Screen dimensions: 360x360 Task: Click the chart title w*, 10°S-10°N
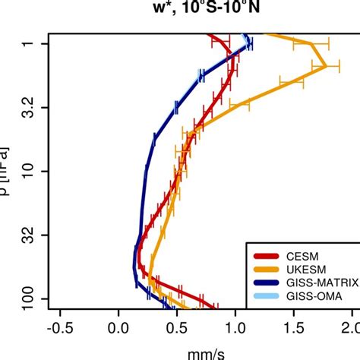(x=179, y=9)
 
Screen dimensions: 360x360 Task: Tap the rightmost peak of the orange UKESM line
(x=327, y=66)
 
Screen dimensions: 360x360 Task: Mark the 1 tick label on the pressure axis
(x=27, y=44)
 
